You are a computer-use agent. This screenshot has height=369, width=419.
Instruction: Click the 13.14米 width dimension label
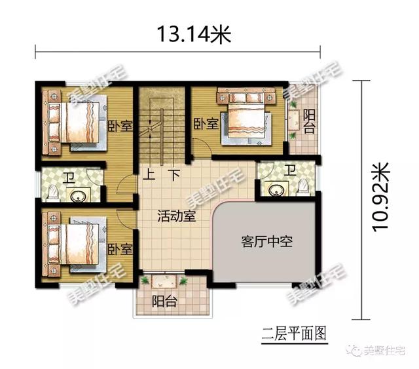pyautogui.click(x=194, y=34)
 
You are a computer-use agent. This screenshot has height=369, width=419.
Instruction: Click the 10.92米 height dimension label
pyautogui.click(x=380, y=197)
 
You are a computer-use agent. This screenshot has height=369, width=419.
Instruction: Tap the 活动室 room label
pyautogui.click(x=177, y=216)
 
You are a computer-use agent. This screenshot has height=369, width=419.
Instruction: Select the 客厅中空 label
pyautogui.click(x=266, y=242)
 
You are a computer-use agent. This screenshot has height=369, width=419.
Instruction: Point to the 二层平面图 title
pyautogui.click(x=294, y=334)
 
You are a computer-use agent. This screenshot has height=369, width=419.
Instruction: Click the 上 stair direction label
pyautogui.click(x=149, y=175)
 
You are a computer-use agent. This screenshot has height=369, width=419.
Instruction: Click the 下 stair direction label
pyautogui.click(x=174, y=175)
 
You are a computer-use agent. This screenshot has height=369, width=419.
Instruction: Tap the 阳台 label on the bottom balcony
pyautogui.click(x=164, y=301)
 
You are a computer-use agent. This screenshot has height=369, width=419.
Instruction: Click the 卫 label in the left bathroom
pyautogui.click(x=69, y=178)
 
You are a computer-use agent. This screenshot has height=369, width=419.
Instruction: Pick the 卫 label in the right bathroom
pyautogui.click(x=290, y=170)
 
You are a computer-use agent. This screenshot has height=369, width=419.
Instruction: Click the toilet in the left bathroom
pyautogui.click(x=53, y=192)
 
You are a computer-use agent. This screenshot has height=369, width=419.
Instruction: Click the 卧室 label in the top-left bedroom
pyautogui.click(x=120, y=126)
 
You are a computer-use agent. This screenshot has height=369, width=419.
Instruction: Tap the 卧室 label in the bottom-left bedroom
pyautogui.click(x=120, y=249)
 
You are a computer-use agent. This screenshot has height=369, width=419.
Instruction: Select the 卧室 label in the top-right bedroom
pyautogui.click(x=206, y=123)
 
